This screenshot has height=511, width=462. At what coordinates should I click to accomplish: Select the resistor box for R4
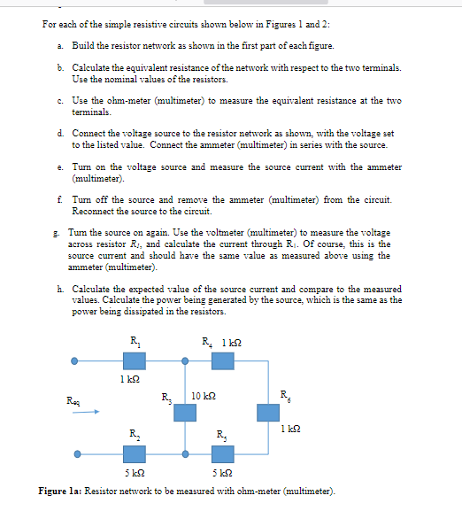[x=222, y=360]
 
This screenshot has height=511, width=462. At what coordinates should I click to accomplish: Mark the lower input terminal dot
[x=77, y=454]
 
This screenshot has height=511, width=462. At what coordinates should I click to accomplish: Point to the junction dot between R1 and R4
[x=185, y=360]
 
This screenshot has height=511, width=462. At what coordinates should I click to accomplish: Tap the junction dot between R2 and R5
[x=185, y=454]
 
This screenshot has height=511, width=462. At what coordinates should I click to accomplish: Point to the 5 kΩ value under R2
[x=133, y=474]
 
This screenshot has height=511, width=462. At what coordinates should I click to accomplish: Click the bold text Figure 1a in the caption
[x=64, y=490]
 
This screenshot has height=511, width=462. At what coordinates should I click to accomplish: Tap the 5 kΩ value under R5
[x=221, y=474]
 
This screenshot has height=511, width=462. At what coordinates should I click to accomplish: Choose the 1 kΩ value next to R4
[x=232, y=343]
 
